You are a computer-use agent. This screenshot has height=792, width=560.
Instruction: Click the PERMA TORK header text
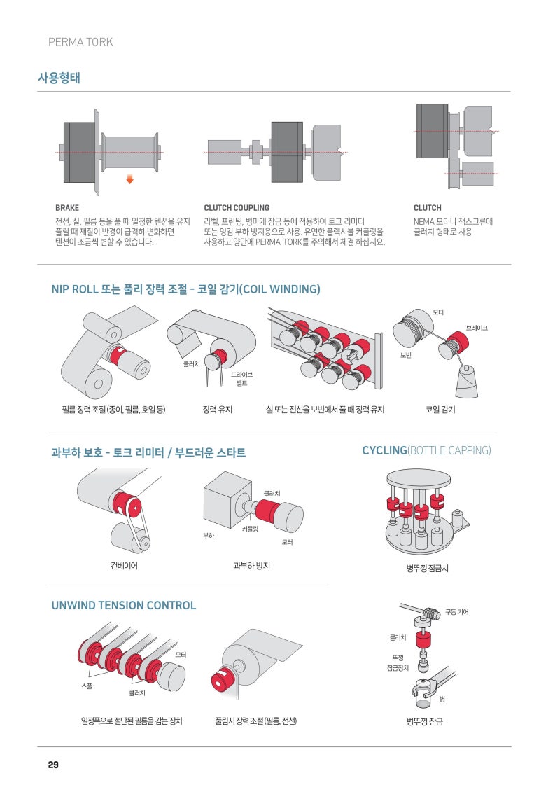point(80,42)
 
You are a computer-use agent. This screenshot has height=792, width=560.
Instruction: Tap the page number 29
point(53,765)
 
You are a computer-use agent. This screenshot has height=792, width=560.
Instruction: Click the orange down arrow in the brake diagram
point(129,179)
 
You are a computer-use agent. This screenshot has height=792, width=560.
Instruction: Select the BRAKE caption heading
point(67,208)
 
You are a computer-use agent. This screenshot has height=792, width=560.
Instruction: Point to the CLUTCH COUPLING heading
point(237,208)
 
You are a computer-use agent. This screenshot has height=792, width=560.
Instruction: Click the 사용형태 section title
point(59,78)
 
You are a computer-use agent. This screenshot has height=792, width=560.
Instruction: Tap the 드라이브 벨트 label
point(242,379)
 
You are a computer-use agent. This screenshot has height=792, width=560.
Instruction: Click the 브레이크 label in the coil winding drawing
point(477,328)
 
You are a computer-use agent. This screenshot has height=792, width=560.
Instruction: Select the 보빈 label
point(405,355)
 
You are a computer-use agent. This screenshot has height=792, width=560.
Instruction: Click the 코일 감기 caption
point(440,410)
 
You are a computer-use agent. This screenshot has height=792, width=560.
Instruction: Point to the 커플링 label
point(251,529)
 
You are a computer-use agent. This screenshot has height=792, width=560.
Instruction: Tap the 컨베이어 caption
point(124,565)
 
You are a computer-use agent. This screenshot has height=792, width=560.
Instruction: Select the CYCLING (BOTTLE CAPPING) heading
point(426,450)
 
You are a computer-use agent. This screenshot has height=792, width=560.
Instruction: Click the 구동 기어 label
point(457,612)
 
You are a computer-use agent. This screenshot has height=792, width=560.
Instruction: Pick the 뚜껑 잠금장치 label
point(398,662)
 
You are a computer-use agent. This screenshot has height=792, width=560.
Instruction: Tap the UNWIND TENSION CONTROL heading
point(124,605)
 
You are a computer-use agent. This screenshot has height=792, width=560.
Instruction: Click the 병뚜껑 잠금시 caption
point(427,568)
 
